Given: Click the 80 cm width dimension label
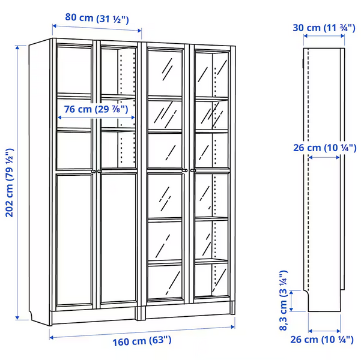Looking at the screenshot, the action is point(97,18).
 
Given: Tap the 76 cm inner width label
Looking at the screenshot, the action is point(96,109).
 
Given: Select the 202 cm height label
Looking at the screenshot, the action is point(10,183).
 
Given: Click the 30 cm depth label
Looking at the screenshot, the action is point(324,28).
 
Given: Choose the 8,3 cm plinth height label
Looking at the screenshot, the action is point(284,301).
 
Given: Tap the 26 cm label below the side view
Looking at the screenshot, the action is point(321,340).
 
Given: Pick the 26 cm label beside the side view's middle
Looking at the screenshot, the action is point(324,148).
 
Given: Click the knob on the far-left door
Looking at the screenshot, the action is point(94,172).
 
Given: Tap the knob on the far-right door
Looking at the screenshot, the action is point(193,170).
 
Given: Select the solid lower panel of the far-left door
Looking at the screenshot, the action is point(74,240).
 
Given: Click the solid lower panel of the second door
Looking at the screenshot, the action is point(118,238).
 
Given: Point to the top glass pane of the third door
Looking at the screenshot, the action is point(165,73).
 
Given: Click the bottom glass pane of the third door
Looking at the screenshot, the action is point(165,282).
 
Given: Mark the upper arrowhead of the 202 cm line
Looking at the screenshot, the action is point(17,47).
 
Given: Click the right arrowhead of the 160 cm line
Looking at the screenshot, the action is point(233,327).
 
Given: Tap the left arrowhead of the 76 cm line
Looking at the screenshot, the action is point(59,118).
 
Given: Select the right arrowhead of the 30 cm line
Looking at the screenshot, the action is point(342,36).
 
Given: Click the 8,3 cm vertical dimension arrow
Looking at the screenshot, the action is point(291,301).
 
